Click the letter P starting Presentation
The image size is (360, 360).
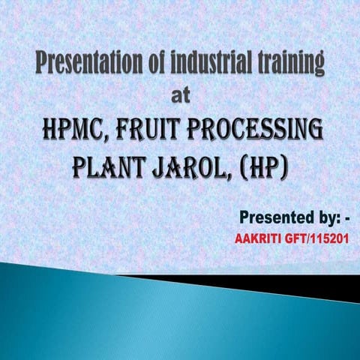coord(43,65)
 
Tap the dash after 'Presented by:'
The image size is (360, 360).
coord(345,219)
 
